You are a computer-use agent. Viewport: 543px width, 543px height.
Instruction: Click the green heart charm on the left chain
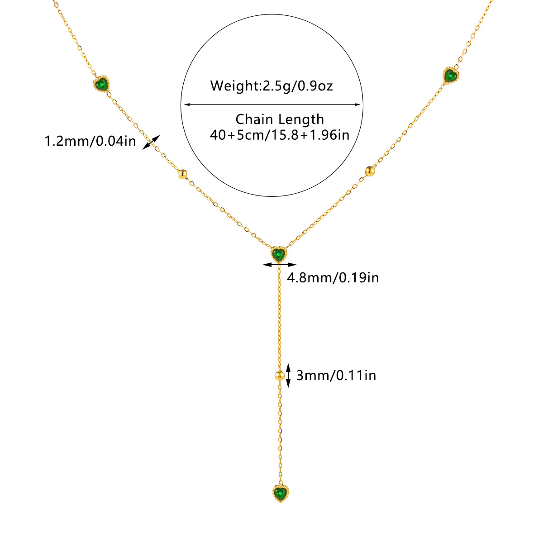coord(102,84)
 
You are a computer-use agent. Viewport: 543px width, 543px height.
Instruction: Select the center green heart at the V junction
coord(279,254)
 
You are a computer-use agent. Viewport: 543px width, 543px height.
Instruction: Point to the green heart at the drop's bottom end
coord(281,492)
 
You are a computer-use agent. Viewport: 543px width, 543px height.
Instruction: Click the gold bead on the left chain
coord(182,174)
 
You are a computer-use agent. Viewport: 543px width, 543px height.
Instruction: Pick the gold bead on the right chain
coord(370,171)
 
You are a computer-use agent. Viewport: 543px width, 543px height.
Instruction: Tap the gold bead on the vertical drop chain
coord(279,375)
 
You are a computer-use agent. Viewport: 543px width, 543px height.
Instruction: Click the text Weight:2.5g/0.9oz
coord(271,86)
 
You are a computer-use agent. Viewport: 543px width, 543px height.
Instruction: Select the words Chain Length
coord(280,119)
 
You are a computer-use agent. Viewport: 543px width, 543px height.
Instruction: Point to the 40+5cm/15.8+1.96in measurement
coord(280,135)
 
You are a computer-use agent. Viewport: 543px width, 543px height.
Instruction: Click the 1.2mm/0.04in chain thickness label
coord(90,141)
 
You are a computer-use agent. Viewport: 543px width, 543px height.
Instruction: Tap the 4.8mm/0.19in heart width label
coord(333,277)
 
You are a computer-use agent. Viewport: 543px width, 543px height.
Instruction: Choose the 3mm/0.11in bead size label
coord(336,375)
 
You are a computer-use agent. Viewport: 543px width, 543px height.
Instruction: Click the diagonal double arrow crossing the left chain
coord(151,142)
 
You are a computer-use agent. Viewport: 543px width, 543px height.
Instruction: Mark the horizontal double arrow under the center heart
coord(279,265)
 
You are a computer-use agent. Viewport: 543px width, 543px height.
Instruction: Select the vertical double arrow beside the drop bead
coord(288,375)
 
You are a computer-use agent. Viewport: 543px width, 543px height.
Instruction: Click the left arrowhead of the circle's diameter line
coord(185,105)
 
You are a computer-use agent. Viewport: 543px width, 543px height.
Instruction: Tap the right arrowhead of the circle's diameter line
coord(358,105)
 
